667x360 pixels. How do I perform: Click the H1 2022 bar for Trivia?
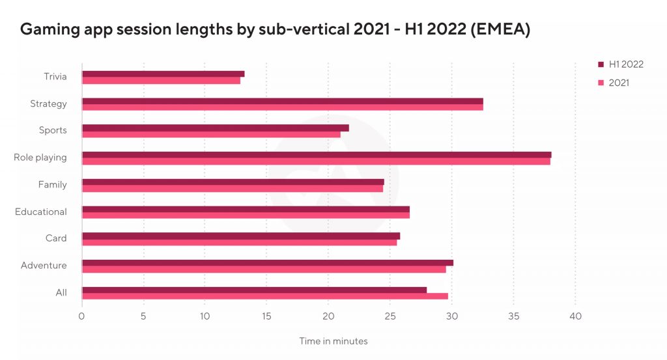click(x=163, y=74)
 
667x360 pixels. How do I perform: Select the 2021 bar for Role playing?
click(x=316, y=161)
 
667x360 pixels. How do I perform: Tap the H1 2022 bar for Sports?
click(x=215, y=128)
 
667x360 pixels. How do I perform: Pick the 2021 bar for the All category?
click(x=264, y=296)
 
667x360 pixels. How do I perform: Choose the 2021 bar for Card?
click(x=239, y=242)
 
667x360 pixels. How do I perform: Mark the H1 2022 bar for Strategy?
click(x=282, y=101)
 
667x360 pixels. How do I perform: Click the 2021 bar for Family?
click(x=232, y=189)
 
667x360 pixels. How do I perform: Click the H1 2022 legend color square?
click(x=601, y=64)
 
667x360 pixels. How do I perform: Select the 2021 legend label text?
click(x=619, y=83)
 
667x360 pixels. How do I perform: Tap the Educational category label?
click(x=41, y=212)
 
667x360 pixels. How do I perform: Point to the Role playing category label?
click(x=40, y=158)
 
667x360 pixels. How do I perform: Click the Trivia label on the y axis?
click(x=55, y=77)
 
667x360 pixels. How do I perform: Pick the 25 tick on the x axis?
click(x=390, y=316)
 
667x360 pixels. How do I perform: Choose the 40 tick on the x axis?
click(x=575, y=316)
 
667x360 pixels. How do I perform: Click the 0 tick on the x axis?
click(x=81, y=316)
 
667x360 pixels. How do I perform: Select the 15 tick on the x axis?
click(x=266, y=316)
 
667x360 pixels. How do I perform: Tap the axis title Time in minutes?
click(x=333, y=341)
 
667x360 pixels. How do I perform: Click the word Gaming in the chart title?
click(x=48, y=30)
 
